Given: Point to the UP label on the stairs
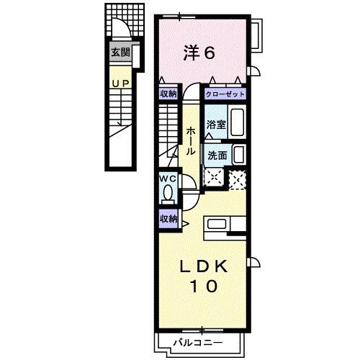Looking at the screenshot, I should [x=120, y=84].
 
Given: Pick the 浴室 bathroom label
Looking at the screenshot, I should [x=215, y=125].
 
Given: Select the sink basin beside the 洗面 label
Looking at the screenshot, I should [x=238, y=154].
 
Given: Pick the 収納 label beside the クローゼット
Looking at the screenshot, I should [x=168, y=94].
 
